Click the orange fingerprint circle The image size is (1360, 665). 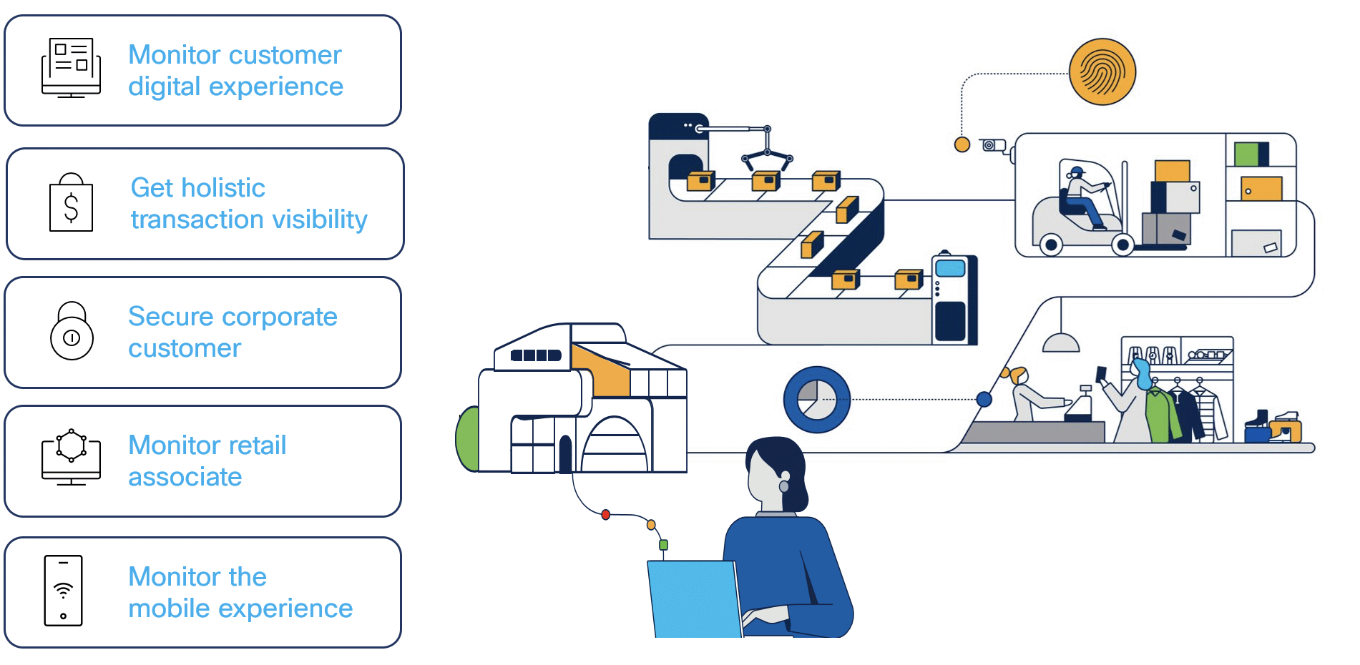click(1102, 72)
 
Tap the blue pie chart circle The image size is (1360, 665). click(816, 400)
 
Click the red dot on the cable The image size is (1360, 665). click(606, 514)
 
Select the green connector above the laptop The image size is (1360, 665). click(663, 545)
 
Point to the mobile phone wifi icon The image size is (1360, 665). click(64, 591)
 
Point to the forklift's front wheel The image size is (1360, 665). click(1122, 245)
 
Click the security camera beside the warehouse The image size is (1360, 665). click(992, 145)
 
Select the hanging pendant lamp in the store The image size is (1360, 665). click(1060, 343)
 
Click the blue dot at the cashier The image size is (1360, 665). click(984, 399)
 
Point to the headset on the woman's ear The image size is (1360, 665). click(784, 482)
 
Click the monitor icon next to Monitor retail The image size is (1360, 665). click(71, 458)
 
